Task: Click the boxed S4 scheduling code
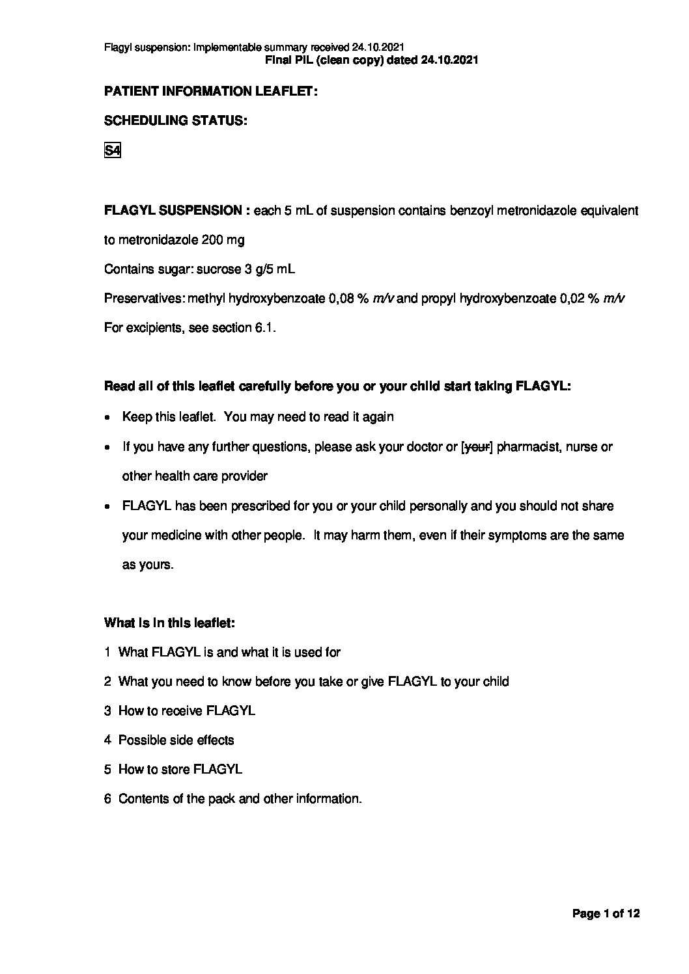coord(112,151)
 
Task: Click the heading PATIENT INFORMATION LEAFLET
coord(210,92)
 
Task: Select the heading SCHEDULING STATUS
coord(175,121)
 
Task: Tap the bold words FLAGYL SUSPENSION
coord(173,211)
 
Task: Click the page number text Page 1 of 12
coord(606,914)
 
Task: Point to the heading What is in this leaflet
coord(169,623)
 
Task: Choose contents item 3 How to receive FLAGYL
coord(180,711)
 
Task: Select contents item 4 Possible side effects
coord(169,740)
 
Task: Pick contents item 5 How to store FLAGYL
coord(173,770)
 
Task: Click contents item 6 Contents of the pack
coord(232,799)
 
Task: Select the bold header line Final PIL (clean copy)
coord(373,60)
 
